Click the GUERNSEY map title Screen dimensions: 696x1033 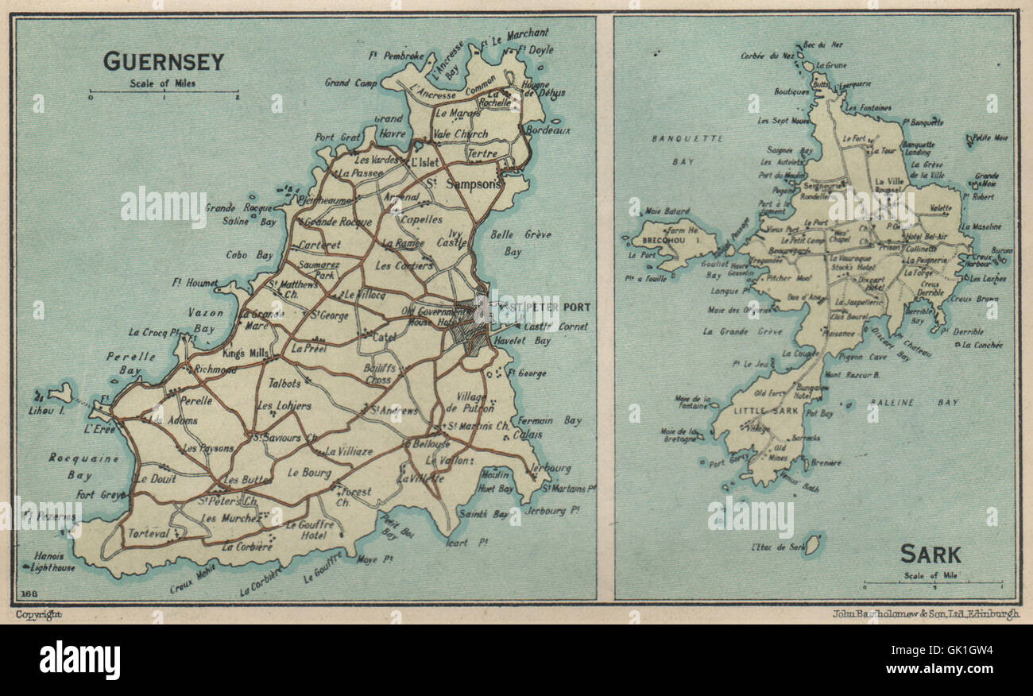coord(164,61)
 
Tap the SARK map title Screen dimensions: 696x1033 coord(930,554)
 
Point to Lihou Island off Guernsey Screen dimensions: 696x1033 coord(60,392)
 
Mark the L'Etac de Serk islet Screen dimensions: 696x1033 coord(811,544)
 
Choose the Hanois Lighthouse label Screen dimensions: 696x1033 coord(54,562)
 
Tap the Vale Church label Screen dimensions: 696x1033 coord(460,134)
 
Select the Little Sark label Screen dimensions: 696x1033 coord(756,411)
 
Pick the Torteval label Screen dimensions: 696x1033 coord(149,533)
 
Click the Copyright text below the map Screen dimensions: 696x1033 coord(37,614)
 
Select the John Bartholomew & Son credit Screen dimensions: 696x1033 coord(926,614)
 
